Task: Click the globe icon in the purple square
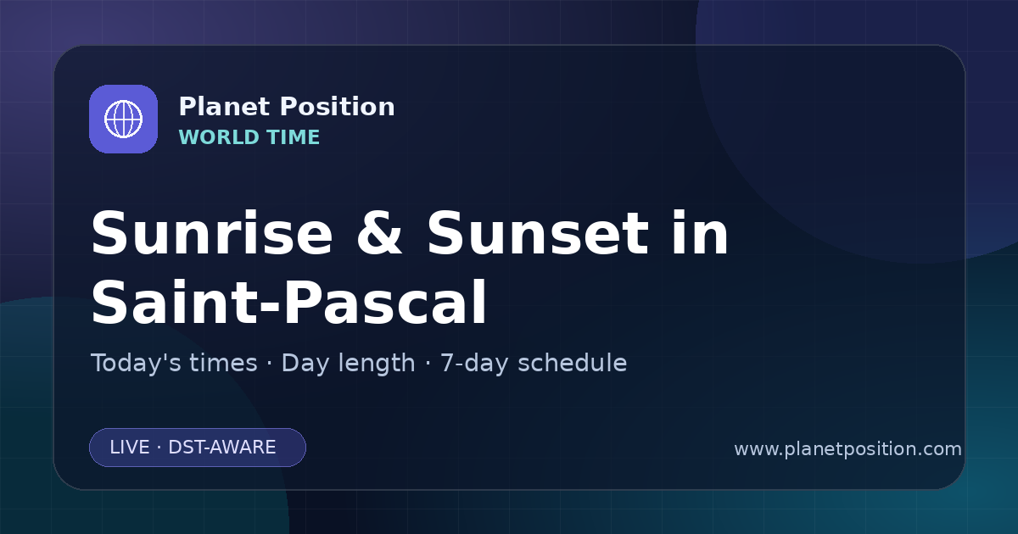[x=123, y=119]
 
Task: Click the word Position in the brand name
[x=338, y=107]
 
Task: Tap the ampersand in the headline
[x=379, y=233]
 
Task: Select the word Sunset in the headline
[x=538, y=233]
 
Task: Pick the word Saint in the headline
[x=174, y=302]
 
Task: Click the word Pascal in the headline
[x=385, y=302]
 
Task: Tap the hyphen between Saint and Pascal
[x=269, y=307]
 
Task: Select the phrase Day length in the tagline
[x=348, y=363]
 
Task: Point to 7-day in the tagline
[x=474, y=363]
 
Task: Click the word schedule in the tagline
[x=573, y=363]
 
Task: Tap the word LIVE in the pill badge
[x=130, y=448]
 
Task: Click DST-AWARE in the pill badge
[x=222, y=448]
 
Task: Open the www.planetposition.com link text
[x=848, y=449]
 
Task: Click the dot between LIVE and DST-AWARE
[x=159, y=448]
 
